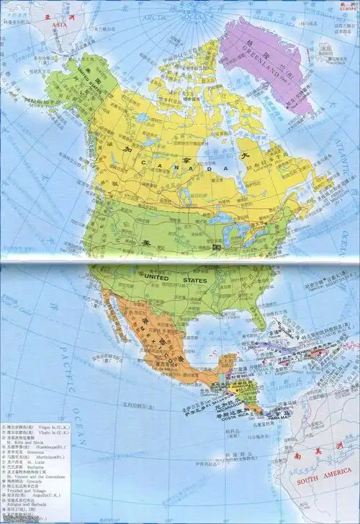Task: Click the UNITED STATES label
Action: click(x=176, y=278)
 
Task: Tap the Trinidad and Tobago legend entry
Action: click(x=26, y=494)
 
